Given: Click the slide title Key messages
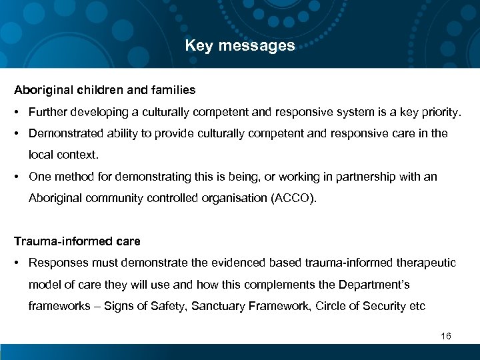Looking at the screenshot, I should pyautogui.click(x=240, y=46).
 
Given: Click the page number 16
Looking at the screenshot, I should pyautogui.click(x=446, y=336).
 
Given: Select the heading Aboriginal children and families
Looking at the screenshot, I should pyautogui.click(x=105, y=89).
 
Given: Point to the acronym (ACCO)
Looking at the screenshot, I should pyautogui.click(x=290, y=199).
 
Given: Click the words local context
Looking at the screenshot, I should pyautogui.click(x=63, y=155).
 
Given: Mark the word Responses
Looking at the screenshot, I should pyautogui.click(x=55, y=263).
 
